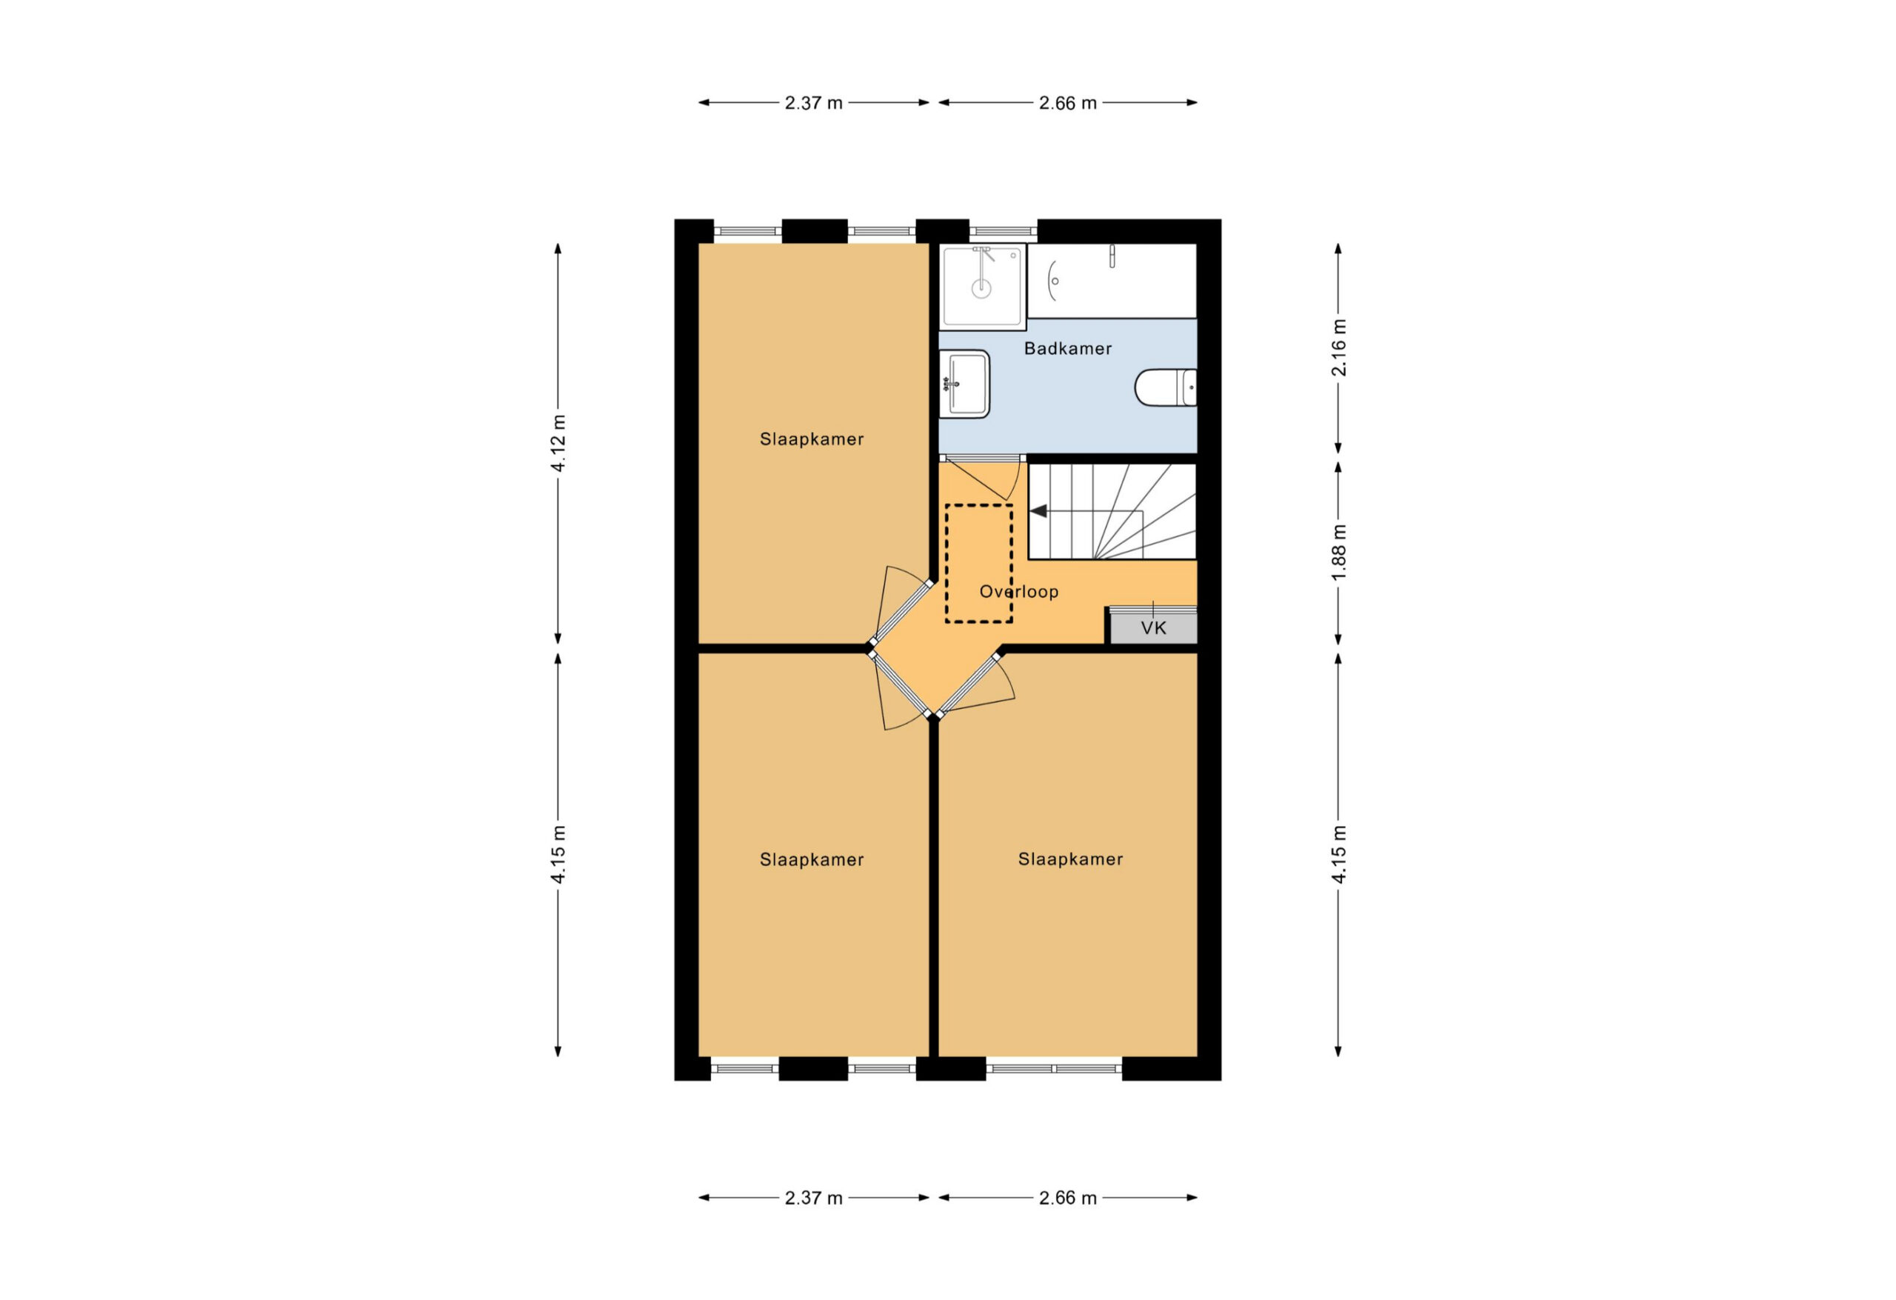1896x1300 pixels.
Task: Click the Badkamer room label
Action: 1067,348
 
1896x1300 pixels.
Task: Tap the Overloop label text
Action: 1019,592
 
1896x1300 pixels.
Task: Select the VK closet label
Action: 1154,627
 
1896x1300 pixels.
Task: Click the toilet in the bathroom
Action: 1165,387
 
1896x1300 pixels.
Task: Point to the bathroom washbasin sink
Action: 964,384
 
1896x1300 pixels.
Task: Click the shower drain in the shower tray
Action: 981,287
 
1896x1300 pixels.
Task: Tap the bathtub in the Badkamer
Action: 1111,281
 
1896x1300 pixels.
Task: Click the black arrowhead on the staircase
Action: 1038,512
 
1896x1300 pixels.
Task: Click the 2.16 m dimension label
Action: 1339,347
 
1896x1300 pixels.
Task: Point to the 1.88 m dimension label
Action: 1339,553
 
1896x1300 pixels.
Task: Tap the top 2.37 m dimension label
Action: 813,103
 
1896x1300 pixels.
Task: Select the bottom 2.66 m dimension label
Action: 1068,1198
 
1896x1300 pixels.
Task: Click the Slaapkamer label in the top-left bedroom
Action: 812,439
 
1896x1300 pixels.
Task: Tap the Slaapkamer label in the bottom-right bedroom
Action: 1070,859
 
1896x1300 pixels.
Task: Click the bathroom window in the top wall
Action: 1003,231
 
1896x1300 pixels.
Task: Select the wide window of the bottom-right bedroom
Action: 1054,1068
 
